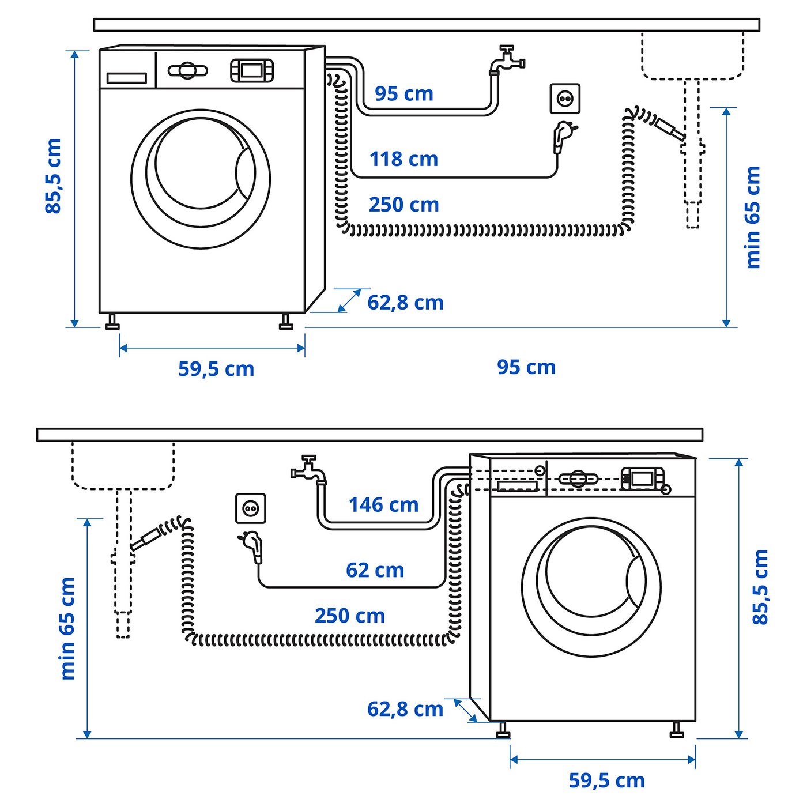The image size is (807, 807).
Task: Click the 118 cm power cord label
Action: (403, 159)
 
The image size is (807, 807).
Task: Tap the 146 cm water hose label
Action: (383, 505)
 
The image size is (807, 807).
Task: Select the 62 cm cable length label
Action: (375, 570)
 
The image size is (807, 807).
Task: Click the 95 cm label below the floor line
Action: (526, 367)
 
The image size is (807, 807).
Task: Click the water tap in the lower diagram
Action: (309, 470)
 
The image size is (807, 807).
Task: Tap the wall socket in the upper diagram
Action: (564, 99)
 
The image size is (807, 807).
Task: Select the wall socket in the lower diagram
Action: (251, 508)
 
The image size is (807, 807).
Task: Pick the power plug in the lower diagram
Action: (253, 545)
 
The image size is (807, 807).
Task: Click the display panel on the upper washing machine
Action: (252, 70)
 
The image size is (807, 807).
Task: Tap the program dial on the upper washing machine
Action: (187, 71)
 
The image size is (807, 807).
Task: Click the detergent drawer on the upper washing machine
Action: (127, 78)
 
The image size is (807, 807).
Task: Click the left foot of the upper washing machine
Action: (112, 322)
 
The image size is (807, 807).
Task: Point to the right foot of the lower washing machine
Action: (677, 730)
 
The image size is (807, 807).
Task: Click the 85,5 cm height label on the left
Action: (53, 176)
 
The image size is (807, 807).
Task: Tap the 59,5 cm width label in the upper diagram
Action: (216, 369)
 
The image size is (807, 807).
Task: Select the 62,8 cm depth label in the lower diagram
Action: (405, 709)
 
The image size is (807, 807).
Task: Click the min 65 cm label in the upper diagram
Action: (753, 217)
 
